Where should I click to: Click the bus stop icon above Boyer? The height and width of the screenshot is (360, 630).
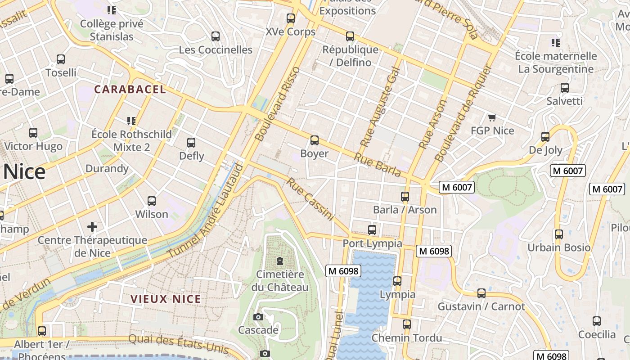click(x=315, y=140)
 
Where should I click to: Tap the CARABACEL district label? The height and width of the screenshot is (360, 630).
click(x=130, y=89)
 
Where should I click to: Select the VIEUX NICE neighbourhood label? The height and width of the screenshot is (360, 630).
click(x=166, y=299)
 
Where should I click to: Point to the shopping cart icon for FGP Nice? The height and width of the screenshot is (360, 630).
click(x=492, y=118)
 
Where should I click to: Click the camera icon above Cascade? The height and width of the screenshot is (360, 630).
click(x=258, y=317)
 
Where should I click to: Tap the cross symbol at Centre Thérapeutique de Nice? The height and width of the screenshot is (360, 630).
click(x=92, y=226)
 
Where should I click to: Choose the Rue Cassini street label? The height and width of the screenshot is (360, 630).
click(x=310, y=199)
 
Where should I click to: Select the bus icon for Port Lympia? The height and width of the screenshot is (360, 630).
click(x=372, y=230)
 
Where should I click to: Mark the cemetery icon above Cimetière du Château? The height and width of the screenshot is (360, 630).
click(x=280, y=261)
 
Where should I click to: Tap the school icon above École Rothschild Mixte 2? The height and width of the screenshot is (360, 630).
click(x=131, y=121)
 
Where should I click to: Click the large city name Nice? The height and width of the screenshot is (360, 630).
click(x=25, y=172)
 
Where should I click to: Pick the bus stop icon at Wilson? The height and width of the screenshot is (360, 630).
click(x=152, y=201)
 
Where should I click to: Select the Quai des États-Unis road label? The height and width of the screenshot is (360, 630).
click(x=178, y=344)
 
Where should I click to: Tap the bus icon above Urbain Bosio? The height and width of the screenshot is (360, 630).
click(x=558, y=234)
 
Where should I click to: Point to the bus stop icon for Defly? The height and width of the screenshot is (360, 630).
click(x=191, y=143)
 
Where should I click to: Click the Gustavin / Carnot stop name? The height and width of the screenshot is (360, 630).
click(x=481, y=307)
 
